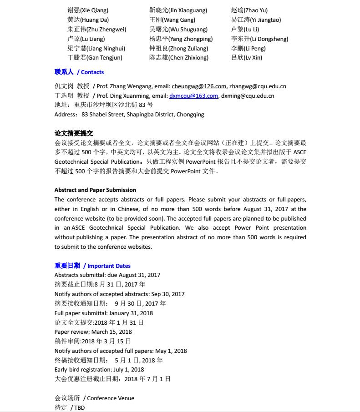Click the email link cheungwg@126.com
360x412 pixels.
[199, 86]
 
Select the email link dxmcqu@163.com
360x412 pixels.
[193, 96]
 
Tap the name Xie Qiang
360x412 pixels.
[88, 10]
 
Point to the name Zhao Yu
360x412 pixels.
[249, 10]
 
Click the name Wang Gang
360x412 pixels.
[172, 20]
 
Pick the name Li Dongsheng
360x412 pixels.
[259, 39]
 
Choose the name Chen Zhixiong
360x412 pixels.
[179, 58]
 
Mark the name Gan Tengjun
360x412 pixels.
[95, 58]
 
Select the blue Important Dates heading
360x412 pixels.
[109, 266]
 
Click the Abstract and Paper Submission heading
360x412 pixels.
[95, 190]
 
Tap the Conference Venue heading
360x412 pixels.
[111, 398]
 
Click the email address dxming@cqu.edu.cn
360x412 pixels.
[248, 96]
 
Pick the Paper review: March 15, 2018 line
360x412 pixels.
[93, 332]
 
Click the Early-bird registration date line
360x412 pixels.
[99, 370]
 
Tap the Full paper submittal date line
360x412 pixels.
[103, 313]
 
